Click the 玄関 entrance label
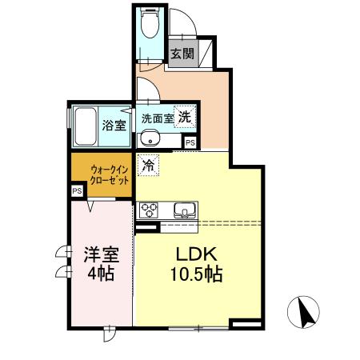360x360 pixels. pos(182,54)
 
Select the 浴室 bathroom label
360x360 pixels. pos(114,125)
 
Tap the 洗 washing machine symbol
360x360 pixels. pos(185,116)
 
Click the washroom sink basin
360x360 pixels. pos(150,142)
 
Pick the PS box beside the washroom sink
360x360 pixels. pos(190,142)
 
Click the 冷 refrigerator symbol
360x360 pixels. pos(148,166)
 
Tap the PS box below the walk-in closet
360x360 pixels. pos(77,192)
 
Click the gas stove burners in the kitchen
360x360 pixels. pos(150,210)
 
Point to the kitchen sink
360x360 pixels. pos(184,211)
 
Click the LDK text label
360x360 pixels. pos(194,254)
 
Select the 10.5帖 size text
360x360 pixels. pos(195,274)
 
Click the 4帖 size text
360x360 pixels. pos(101,274)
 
